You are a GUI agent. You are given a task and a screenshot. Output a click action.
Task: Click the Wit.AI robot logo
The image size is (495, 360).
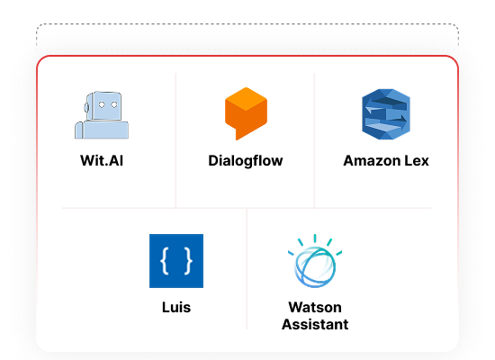pyautogui.click(x=102, y=115)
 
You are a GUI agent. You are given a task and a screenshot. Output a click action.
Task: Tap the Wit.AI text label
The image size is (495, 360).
pyautogui.click(x=102, y=160)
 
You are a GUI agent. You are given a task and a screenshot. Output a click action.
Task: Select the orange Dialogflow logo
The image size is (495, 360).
pyautogui.click(x=246, y=113)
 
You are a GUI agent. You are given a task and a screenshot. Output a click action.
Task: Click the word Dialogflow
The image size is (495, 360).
pyautogui.click(x=246, y=161)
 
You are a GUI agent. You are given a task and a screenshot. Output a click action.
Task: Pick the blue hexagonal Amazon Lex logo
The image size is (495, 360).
pyautogui.click(x=386, y=114)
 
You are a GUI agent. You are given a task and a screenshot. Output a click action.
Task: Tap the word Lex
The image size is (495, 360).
pyautogui.click(x=417, y=161)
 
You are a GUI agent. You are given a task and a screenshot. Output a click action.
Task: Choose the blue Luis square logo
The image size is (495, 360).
pyautogui.click(x=176, y=261)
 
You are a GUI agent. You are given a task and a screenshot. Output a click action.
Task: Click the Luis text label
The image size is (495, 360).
pyautogui.click(x=176, y=307)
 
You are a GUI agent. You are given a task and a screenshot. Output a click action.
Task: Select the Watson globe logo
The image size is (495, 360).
pyautogui.click(x=315, y=261)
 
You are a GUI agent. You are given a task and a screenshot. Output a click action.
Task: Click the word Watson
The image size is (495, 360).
pyautogui.click(x=315, y=307)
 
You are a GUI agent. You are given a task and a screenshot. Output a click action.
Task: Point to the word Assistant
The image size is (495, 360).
pyautogui.click(x=315, y=324)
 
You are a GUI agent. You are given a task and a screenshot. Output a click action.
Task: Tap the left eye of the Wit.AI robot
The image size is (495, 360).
pyautogui.click(x=102, y=104)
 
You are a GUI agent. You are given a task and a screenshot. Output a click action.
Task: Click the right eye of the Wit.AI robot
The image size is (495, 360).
pyautogui.click(x=114, y=104)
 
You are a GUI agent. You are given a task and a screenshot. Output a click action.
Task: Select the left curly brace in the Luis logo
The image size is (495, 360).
pyautogui.click(x=165, y=261)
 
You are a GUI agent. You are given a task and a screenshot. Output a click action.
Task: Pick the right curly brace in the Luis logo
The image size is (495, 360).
pyautogui.click(x=188, y=261)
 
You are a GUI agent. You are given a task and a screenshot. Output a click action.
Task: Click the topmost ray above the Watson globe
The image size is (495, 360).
pyautogui.click(x=315, y=238)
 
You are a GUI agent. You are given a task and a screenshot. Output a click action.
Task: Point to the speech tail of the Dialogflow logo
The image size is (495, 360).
pyautogui.click(x=239, y=134)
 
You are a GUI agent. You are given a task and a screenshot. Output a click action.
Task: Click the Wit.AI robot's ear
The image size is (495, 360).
pyautogui.click(x=86, y=108)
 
